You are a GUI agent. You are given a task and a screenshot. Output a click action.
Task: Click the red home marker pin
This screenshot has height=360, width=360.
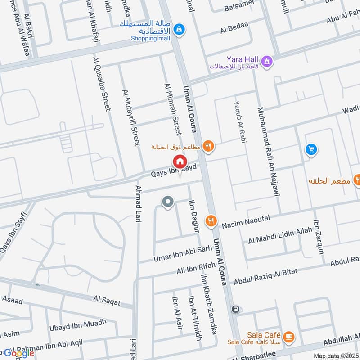[180, 162]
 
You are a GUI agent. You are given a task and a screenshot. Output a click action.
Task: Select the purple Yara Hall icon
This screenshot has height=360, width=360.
[267, 60]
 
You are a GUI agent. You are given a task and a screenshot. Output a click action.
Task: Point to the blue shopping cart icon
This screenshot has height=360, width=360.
[311, 148]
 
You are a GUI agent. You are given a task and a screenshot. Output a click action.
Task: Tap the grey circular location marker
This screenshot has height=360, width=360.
[168, 202]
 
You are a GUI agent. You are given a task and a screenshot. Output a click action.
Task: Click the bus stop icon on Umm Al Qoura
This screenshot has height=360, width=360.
[234, 309]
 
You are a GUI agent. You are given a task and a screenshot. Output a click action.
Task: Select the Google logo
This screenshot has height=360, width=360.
[19, 353]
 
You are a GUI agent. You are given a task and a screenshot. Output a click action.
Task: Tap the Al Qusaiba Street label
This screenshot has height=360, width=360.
[101, 84]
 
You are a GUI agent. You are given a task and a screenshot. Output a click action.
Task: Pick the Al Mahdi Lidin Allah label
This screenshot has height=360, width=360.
[279, 235]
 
